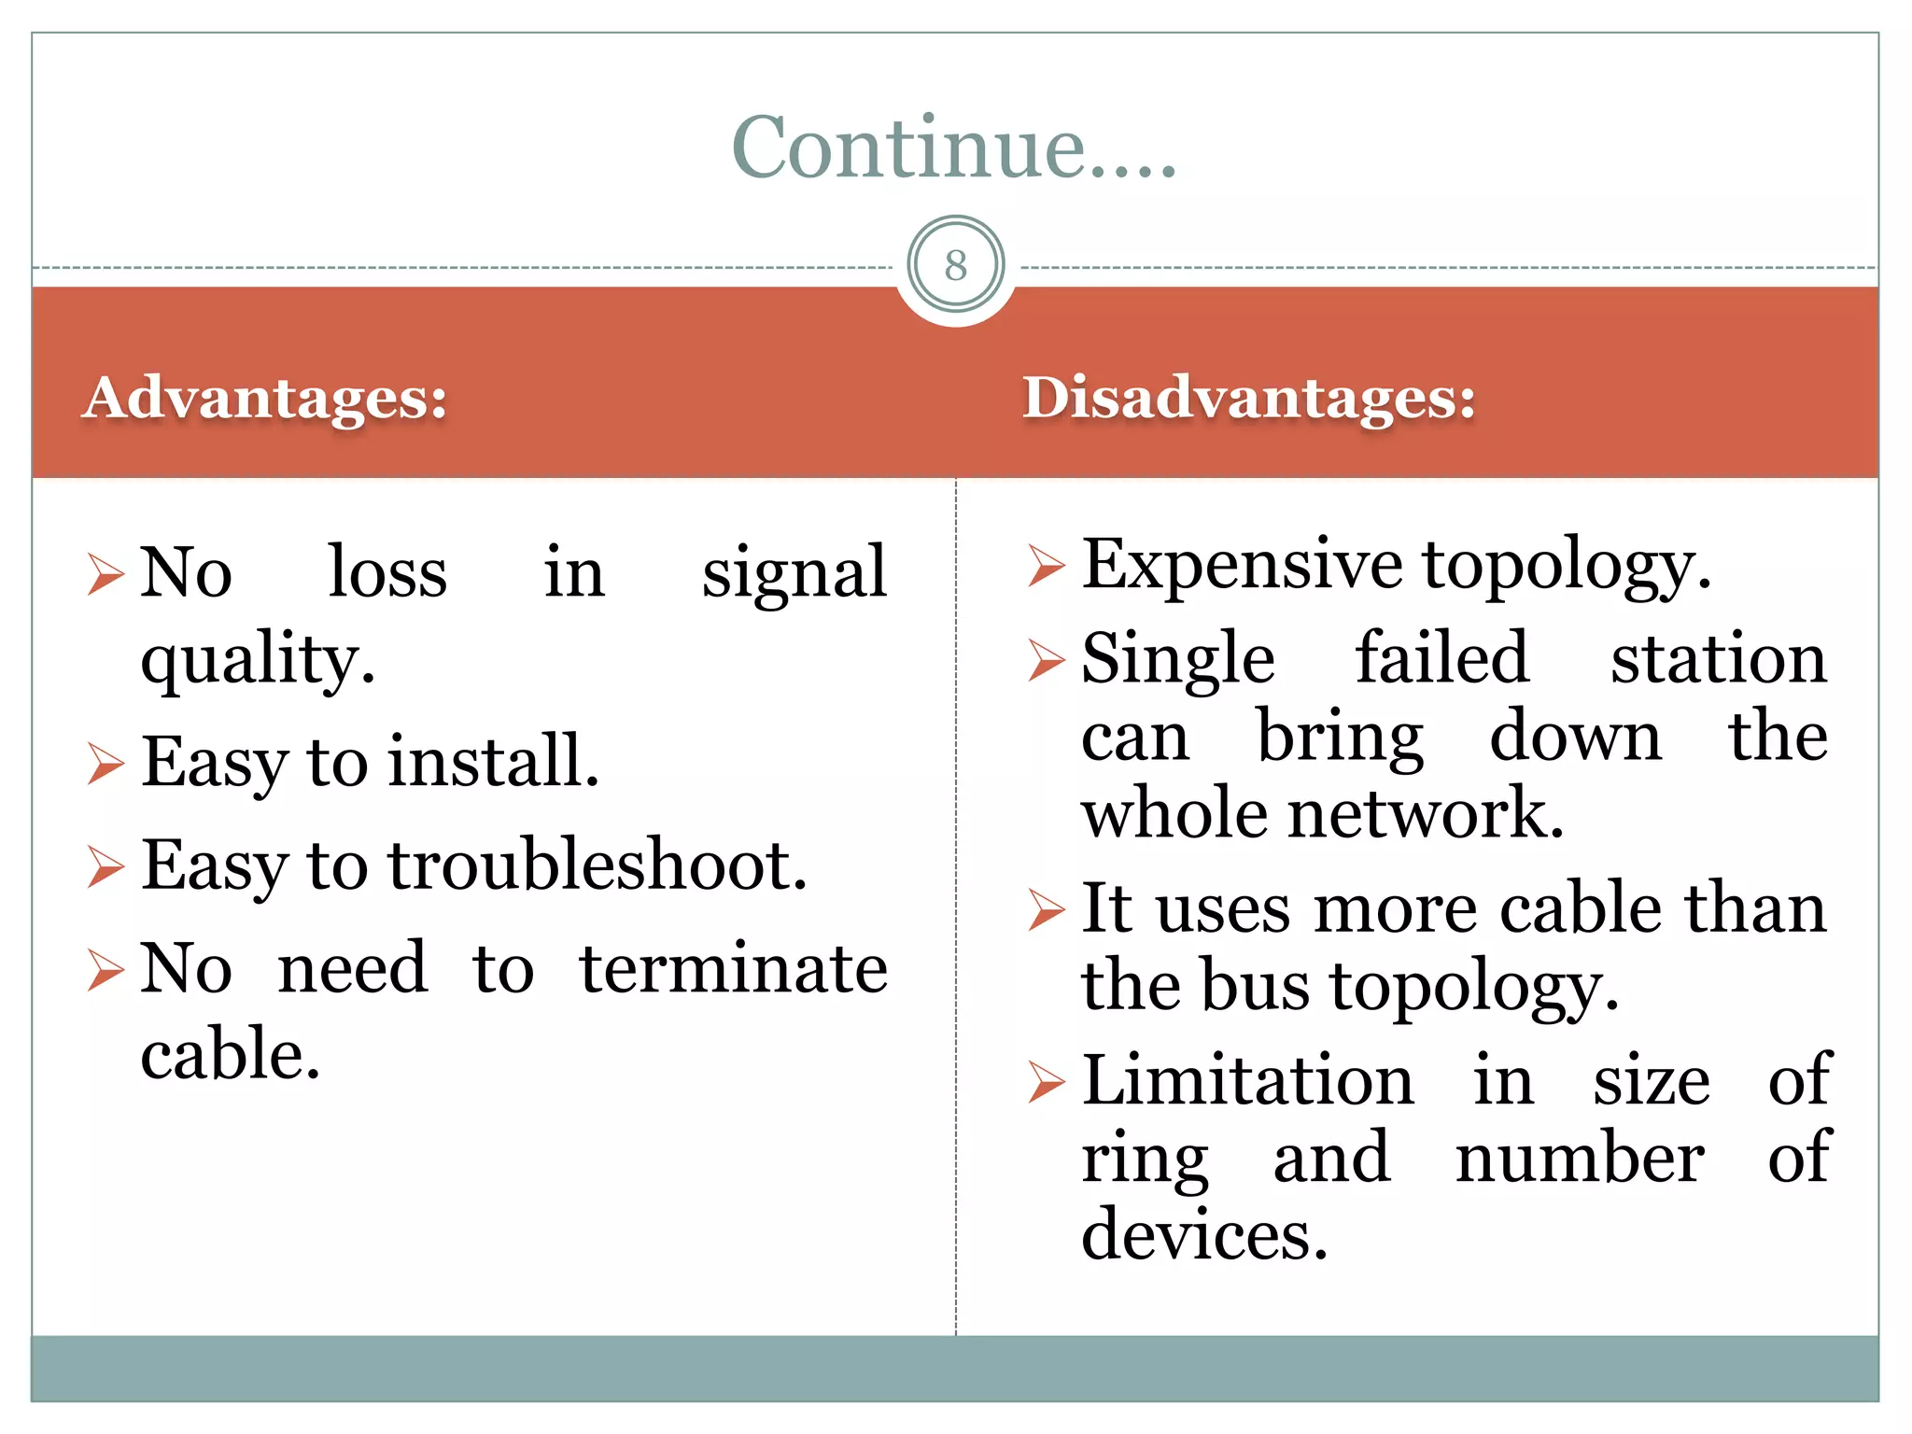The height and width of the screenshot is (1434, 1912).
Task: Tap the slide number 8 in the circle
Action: (x=955, y=265)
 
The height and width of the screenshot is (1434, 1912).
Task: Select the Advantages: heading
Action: (x=265, y=398)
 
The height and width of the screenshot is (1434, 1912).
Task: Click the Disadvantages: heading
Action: (x=1249, y=398)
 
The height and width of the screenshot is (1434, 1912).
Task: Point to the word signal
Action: (x=794, y=572)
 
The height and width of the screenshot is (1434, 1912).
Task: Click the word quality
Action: (x=258, y=660)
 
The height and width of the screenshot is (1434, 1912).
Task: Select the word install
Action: (x=493, y=762)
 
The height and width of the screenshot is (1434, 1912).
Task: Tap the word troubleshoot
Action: (x=597, y=865)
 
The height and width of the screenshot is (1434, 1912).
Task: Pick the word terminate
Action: (x=733, y=969)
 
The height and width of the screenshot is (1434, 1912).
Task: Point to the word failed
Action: (x=1442, y=658)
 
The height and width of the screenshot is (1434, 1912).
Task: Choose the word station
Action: (x=1719, y=658)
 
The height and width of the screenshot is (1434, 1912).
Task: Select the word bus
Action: (x=1256, y=986)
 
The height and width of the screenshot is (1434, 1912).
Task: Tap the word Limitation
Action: (x=1247, y=1080)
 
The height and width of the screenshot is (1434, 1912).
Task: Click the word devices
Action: (x=1204, y=1235)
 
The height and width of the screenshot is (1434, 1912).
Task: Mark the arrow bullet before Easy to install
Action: (x=105, y=764)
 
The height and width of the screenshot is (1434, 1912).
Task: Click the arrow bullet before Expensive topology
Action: (x=1046, y=567)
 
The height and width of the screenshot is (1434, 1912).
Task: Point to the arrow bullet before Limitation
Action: (x=1046, y=1082)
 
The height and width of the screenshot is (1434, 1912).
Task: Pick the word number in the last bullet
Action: (x=1580, y=1159)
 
